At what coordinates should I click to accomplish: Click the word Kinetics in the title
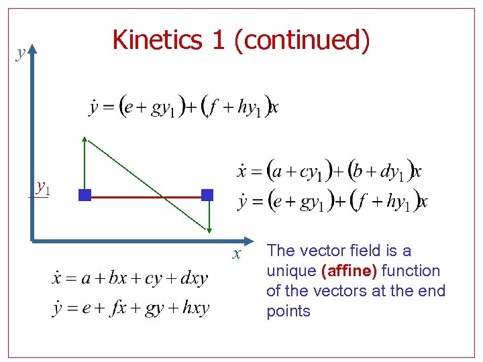coord(158,40)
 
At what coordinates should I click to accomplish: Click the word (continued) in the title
coord(302,40)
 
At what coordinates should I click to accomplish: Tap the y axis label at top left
coord(21,53)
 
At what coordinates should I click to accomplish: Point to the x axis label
coord(236,253)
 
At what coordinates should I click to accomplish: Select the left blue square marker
coord(85,196)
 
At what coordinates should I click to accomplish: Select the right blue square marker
coord(207,195)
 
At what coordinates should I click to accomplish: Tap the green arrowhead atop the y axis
coord(32,48)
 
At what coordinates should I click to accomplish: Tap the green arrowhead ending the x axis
coord(250,239)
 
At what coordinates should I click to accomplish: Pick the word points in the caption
coord(288,311)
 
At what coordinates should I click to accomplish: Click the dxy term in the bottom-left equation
coord(193,278)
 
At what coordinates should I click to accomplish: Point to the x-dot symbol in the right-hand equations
coord(242,170)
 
